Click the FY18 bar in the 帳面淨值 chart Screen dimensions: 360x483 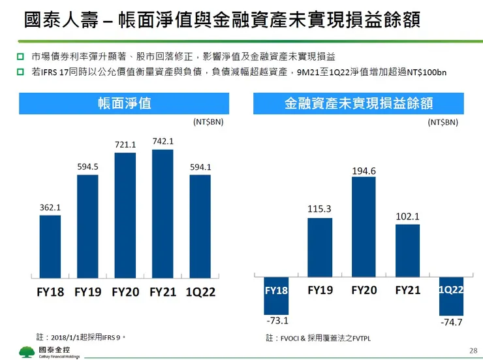point(50,246)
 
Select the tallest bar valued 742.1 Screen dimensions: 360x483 point(163,214)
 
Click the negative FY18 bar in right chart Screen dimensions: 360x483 point(276,295)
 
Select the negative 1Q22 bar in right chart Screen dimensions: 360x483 point(451,295)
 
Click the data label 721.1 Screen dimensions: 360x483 point(125,144)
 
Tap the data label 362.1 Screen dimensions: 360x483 point(50,208)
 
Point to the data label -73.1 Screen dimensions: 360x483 point(277,321)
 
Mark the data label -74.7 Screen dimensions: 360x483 point(452,322)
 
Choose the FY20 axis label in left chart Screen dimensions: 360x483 point(125,292)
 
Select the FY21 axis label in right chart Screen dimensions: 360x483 point(407,289)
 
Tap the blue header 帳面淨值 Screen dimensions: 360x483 point(124,103)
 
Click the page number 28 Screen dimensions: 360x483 point(473,351)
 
